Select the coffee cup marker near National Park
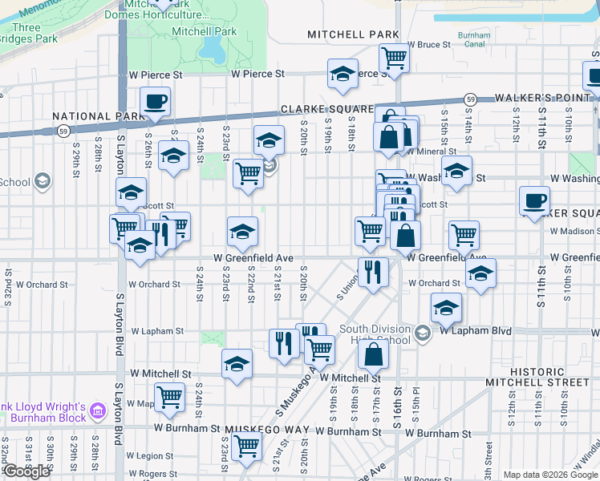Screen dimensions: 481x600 [x=155, y=102]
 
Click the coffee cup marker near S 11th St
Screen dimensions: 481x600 [x=534, y=200]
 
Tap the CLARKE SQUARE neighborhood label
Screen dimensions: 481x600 [x=326, y=109]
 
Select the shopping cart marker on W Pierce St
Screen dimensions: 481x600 [x=394, y=59]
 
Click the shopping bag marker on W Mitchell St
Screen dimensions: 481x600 [x=373, y=354]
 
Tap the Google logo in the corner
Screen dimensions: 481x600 [x=26, y=471]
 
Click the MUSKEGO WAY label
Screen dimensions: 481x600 [x=267, y=430]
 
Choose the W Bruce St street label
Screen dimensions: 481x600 [x=428, y=45]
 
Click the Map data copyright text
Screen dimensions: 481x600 [x=550, y=475]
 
